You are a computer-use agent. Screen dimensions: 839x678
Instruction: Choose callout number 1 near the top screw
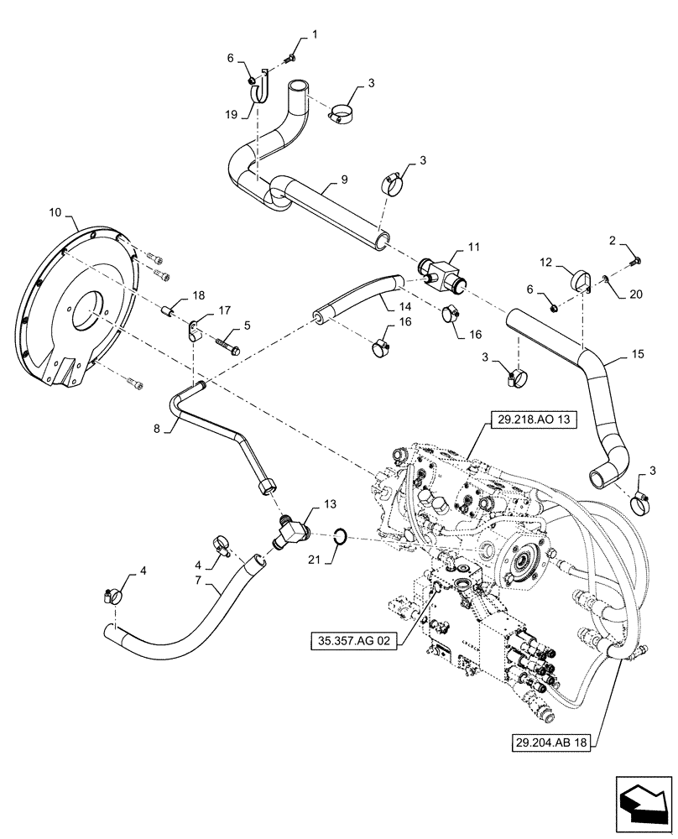(315, 35)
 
